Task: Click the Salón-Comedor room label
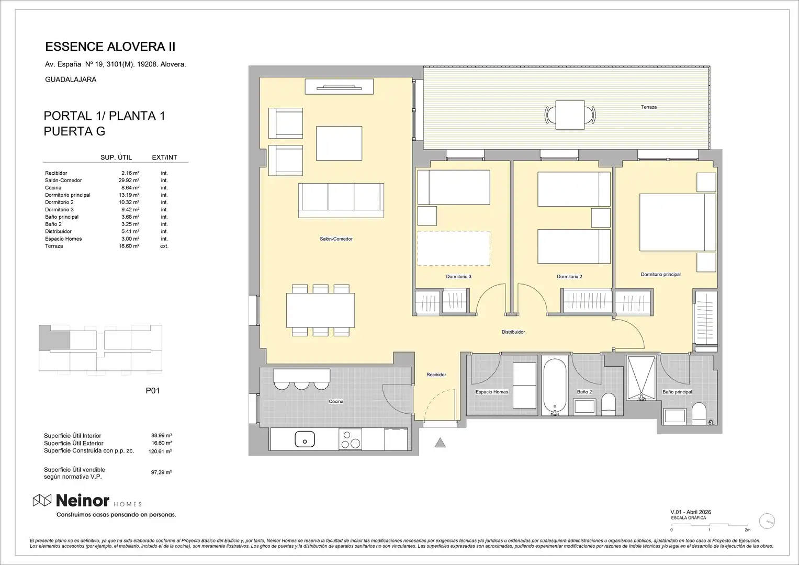point(336,239)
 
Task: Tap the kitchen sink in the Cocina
point(305,439)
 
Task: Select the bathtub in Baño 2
point(555,387)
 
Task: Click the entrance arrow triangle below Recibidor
point(440,443)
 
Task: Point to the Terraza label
point(648,107)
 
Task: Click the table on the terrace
point(570,115)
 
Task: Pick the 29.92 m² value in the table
point(129,180)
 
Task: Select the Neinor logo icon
point(42,501)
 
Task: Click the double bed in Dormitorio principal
point(678,222)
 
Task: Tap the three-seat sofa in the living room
point(341,200)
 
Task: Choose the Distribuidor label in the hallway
point(513,332)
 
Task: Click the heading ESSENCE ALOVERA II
point(110,47)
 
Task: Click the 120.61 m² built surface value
point(160,451)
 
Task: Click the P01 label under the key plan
point(153,391)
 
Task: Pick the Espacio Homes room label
point(491,392)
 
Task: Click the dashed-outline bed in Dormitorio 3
point(454,248)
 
